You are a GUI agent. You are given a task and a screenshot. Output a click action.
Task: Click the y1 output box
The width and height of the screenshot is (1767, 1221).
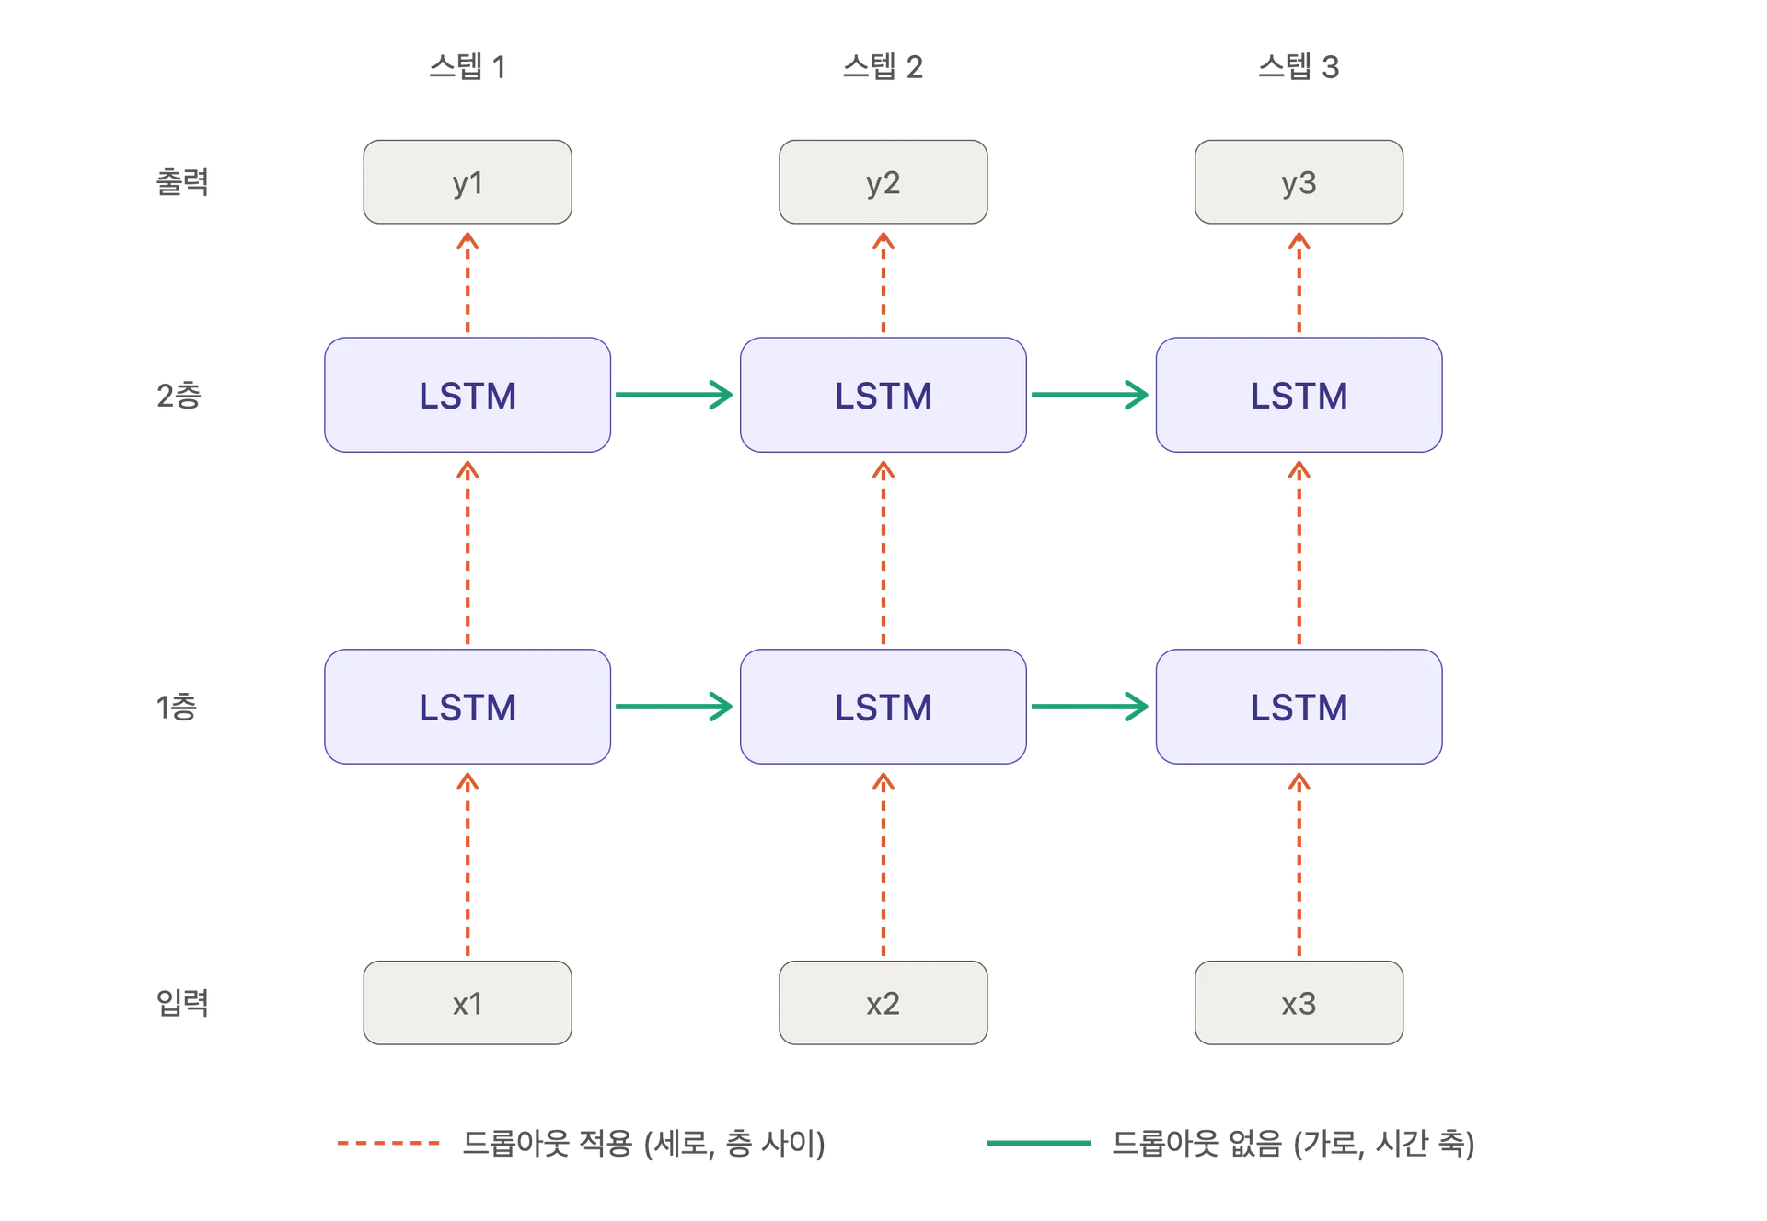click(468, 182)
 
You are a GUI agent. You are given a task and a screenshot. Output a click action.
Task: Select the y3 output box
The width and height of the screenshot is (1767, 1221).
click(1299, 182)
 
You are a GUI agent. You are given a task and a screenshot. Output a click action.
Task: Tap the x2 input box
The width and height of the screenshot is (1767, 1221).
click(883, 1003)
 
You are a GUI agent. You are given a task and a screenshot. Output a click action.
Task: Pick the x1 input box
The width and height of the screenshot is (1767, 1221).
click(468, 1003)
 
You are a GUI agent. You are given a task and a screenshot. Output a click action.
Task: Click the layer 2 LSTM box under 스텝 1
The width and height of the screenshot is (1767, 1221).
click(468, 395)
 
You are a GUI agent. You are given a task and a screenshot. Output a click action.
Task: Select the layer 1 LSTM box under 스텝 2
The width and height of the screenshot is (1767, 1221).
click(883, 707)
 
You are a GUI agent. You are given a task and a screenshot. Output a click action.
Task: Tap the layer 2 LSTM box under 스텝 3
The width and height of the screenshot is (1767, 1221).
click(1299, 395)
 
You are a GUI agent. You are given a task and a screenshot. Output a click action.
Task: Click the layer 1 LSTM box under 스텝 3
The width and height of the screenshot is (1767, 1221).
click(1299, 707)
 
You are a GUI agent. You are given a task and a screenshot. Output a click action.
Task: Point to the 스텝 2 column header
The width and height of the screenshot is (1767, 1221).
click(883, 66)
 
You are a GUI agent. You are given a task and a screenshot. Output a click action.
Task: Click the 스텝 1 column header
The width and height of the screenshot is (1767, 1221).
click(468, 66)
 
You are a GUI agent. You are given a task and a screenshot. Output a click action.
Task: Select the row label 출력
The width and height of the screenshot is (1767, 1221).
click(182, 181)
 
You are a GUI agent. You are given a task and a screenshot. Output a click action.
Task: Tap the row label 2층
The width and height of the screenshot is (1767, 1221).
click(179, 395)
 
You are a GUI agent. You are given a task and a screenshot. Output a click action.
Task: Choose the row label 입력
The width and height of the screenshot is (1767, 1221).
click(182, 1002)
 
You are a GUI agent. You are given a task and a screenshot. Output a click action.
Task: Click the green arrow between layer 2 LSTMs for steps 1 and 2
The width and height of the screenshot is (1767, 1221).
click(675, 395)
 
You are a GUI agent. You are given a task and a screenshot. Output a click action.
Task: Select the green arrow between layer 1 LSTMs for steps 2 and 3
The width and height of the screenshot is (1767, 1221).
click(1090, 707)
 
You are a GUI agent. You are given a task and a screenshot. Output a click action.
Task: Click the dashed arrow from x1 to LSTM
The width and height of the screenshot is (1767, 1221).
click(468, 865)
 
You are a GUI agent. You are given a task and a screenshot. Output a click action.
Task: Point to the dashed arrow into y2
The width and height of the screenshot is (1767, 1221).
click(883, 282)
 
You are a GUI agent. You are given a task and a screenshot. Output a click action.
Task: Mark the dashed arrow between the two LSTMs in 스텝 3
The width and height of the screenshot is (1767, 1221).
click(1299, 552)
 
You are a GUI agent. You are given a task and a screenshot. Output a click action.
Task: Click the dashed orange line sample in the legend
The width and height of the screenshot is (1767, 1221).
click(388, 1143)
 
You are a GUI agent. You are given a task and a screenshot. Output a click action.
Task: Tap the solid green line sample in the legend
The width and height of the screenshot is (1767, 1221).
click(1039, 1143)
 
